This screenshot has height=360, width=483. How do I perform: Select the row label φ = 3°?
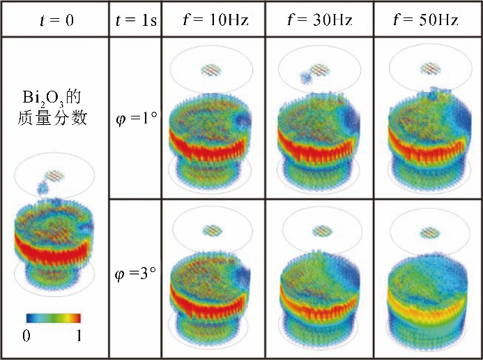135,273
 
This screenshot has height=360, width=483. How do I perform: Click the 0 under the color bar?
26,336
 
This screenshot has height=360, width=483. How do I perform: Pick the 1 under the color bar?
79,336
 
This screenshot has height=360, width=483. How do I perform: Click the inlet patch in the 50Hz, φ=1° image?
427,70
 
